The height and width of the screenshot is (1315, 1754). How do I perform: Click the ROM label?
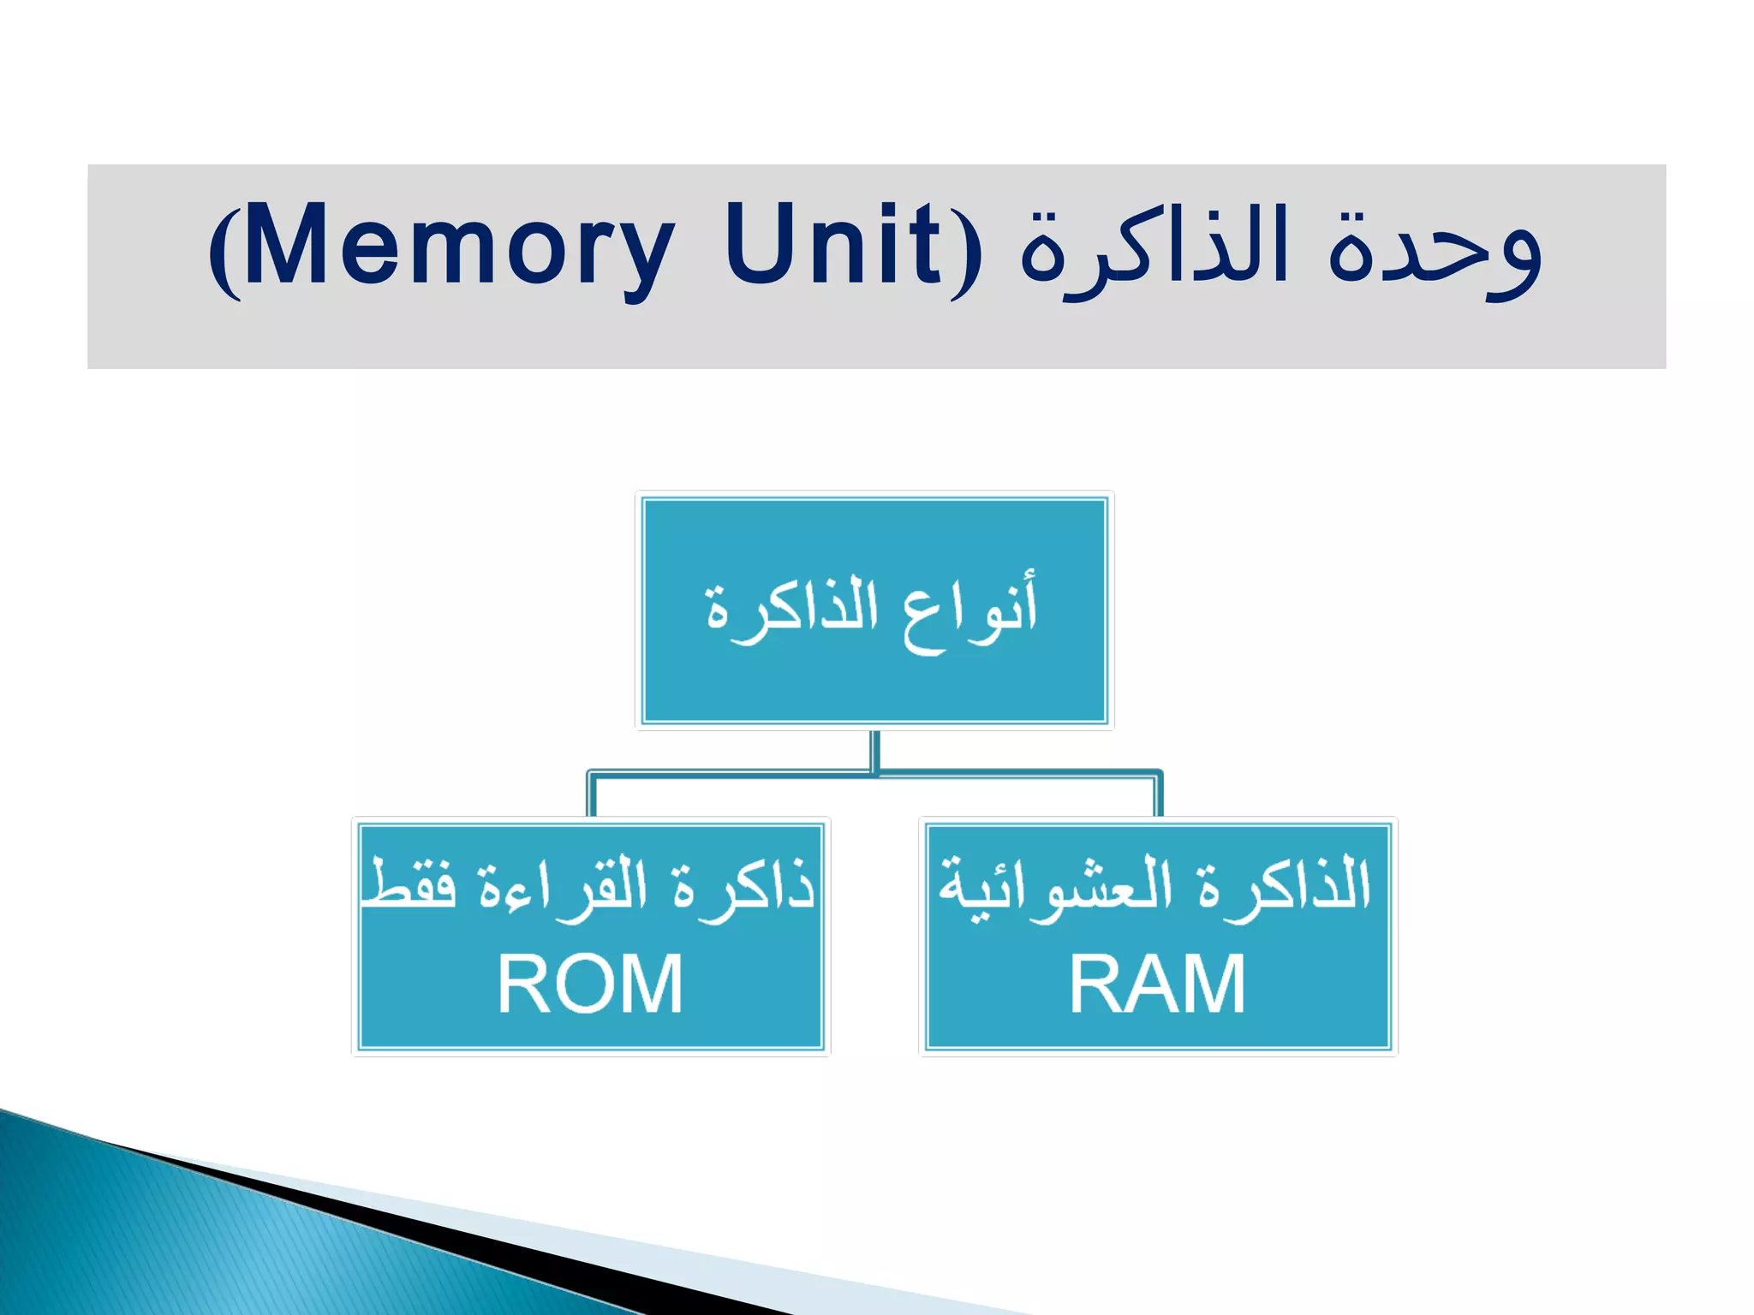coord(590,985)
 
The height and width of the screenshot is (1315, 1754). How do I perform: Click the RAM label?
coord(1157,985)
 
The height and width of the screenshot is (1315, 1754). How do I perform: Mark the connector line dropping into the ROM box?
coord(591,796)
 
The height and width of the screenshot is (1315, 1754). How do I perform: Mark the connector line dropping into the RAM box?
coord(1158,796)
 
